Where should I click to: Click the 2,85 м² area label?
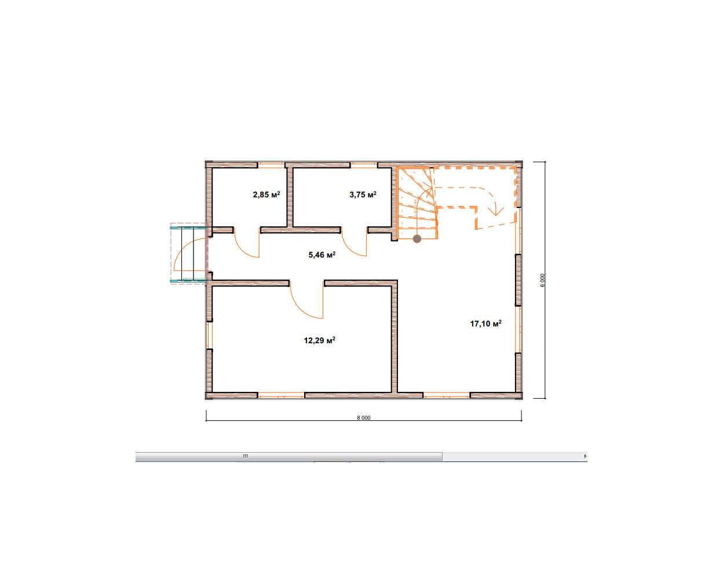coord(266,194)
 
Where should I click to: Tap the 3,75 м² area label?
coord(363,194)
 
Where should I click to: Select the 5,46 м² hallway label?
coord(322,255)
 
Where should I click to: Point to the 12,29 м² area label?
coord(320,340)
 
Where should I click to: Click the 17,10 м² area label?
coord(486,324)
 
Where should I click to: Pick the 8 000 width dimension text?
coord(363,418)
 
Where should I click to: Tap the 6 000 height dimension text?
coord(543,280)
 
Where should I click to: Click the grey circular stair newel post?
coord(417,239)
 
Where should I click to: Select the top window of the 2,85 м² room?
coord(272,165)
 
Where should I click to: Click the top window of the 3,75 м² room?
coord(364,165)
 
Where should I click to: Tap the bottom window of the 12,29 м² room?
coord(281,395)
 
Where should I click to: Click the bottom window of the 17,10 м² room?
coord(446,395)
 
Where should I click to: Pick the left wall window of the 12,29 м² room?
coord(209,335)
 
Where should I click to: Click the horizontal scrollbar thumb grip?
coord(245,456)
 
